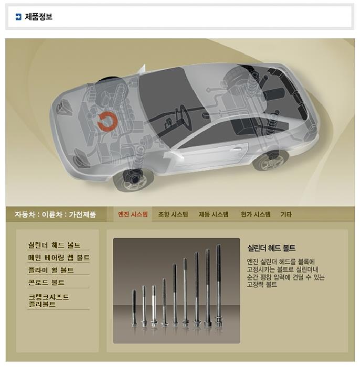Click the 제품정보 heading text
tap(39, 17)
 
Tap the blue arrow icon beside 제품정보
tap(18, 17)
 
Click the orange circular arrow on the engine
tap(107, 121)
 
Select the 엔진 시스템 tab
tap(133, 214)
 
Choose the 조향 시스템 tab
tap(173, 214)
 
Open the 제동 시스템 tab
tap(214, 214)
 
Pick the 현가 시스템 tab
tap(256, 214)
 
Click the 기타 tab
tap(286, 214)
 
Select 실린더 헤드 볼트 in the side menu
tap(55, 245)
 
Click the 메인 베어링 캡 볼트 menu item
tap(59, 257)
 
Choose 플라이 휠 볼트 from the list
tap(51, 270)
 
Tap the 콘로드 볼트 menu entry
tap(46, 282)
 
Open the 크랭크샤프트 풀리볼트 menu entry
tap(48, 300)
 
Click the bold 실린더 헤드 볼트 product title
tap(271, 248)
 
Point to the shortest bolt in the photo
tap(134, 308)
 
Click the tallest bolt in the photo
tap(218, 286)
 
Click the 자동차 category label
tap(24, 214)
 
